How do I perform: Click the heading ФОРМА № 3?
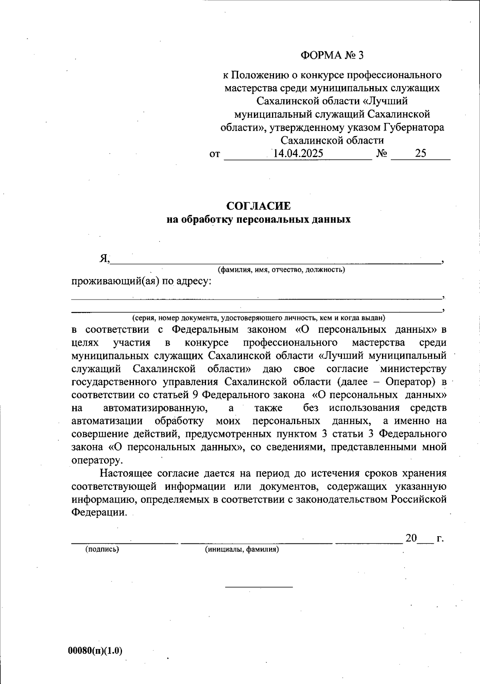click(x=332, y=55)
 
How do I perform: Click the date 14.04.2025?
click(x=298, y=153)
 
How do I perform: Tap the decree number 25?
click(x=420, y=153)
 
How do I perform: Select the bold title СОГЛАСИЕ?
click(x=258, y=206)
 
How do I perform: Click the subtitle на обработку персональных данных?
click(x=258, y=219)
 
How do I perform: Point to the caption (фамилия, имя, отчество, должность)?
click(x=281, y=270)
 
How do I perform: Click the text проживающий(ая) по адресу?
click(x=141, y=282)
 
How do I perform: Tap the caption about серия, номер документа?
click(x=258, y=318)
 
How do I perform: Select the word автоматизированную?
click(x=156, y=408)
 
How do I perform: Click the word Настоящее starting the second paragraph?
click(x=126, y=473)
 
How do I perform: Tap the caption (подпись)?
click(x=102, y=549)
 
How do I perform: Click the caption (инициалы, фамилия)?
click(x=242, y=549)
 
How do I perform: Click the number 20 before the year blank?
click(x=411, y=538)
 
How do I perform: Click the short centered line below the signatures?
click(x=259, y=587)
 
